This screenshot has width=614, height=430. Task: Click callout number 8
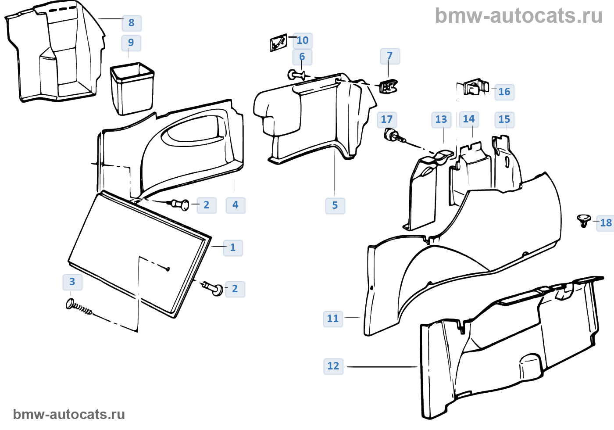pyautogui.click(x=131, y=23)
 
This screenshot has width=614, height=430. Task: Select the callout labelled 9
pyautogui.click(x=131, y=43)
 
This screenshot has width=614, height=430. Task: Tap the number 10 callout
pyautogui.click(x=303, y=40)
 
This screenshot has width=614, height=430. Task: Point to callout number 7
pyautogui.click(x=389, y=56)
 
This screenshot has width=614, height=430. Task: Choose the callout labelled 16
pyautogui.click(x=504, y=92)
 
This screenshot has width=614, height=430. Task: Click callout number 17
pyautogui.click(x=386, y=119)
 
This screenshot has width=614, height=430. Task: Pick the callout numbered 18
pyautogui.click(x=606, y=223)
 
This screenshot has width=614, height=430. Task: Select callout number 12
pyautogui.click(x=333, y=366)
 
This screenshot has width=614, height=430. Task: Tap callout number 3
pyautogui.click(x=72, y=282)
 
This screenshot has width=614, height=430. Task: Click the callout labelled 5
pyautogui.click(x=335, y=205)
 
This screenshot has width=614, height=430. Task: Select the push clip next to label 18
pyautogui.click(x=583, y=221)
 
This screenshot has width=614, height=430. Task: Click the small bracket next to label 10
pyautogui.click(x=278, y=43)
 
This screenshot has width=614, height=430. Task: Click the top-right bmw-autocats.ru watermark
pyautogui.click(x=518, y=16)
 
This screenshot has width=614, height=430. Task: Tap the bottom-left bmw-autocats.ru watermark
pyautogui.click(x=69, y=414)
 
